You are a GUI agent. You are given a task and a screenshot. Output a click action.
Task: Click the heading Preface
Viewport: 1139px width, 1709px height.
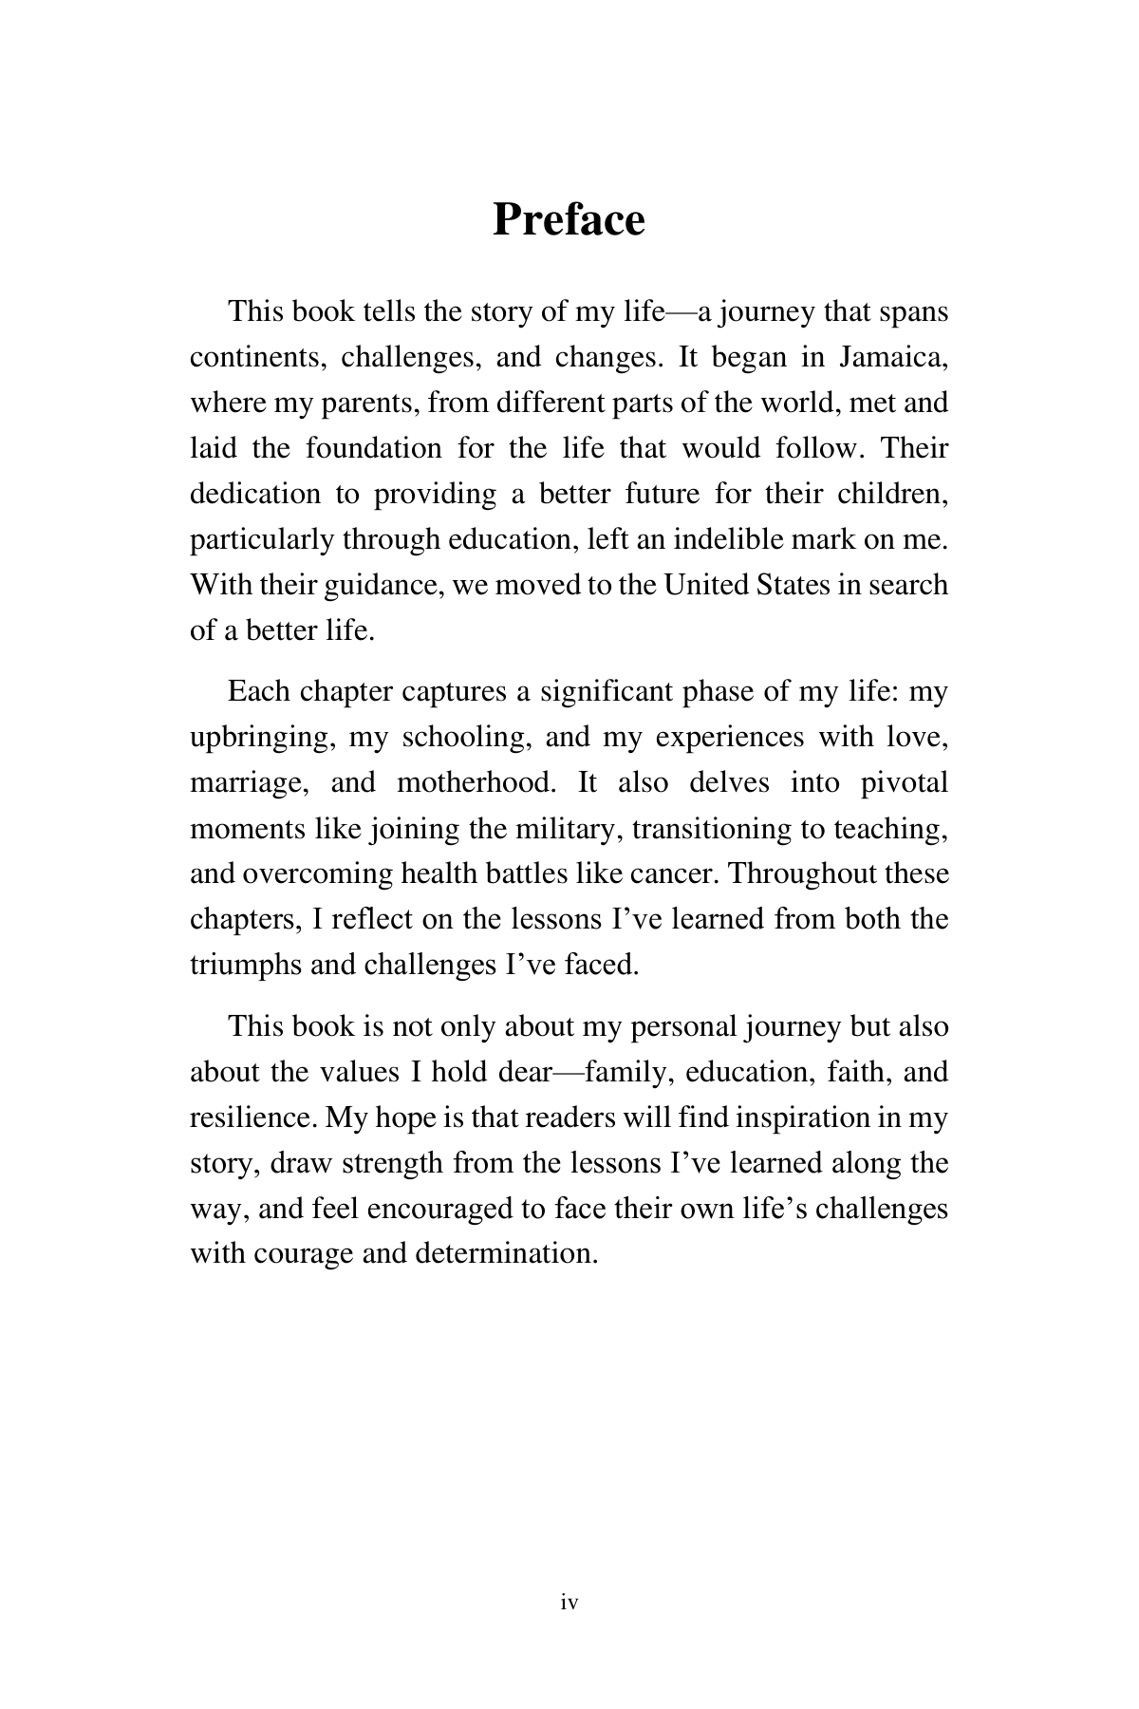[x=569, y=220]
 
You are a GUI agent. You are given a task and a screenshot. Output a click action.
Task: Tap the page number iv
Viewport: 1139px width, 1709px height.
[x=569, y=1603]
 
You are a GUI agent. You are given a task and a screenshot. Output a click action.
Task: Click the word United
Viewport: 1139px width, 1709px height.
[x=706, y=585]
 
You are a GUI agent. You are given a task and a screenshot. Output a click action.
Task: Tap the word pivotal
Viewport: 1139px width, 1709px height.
[x=904, y=783]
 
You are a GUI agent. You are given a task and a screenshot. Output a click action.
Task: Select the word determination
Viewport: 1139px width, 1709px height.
[x=507, y=1254]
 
